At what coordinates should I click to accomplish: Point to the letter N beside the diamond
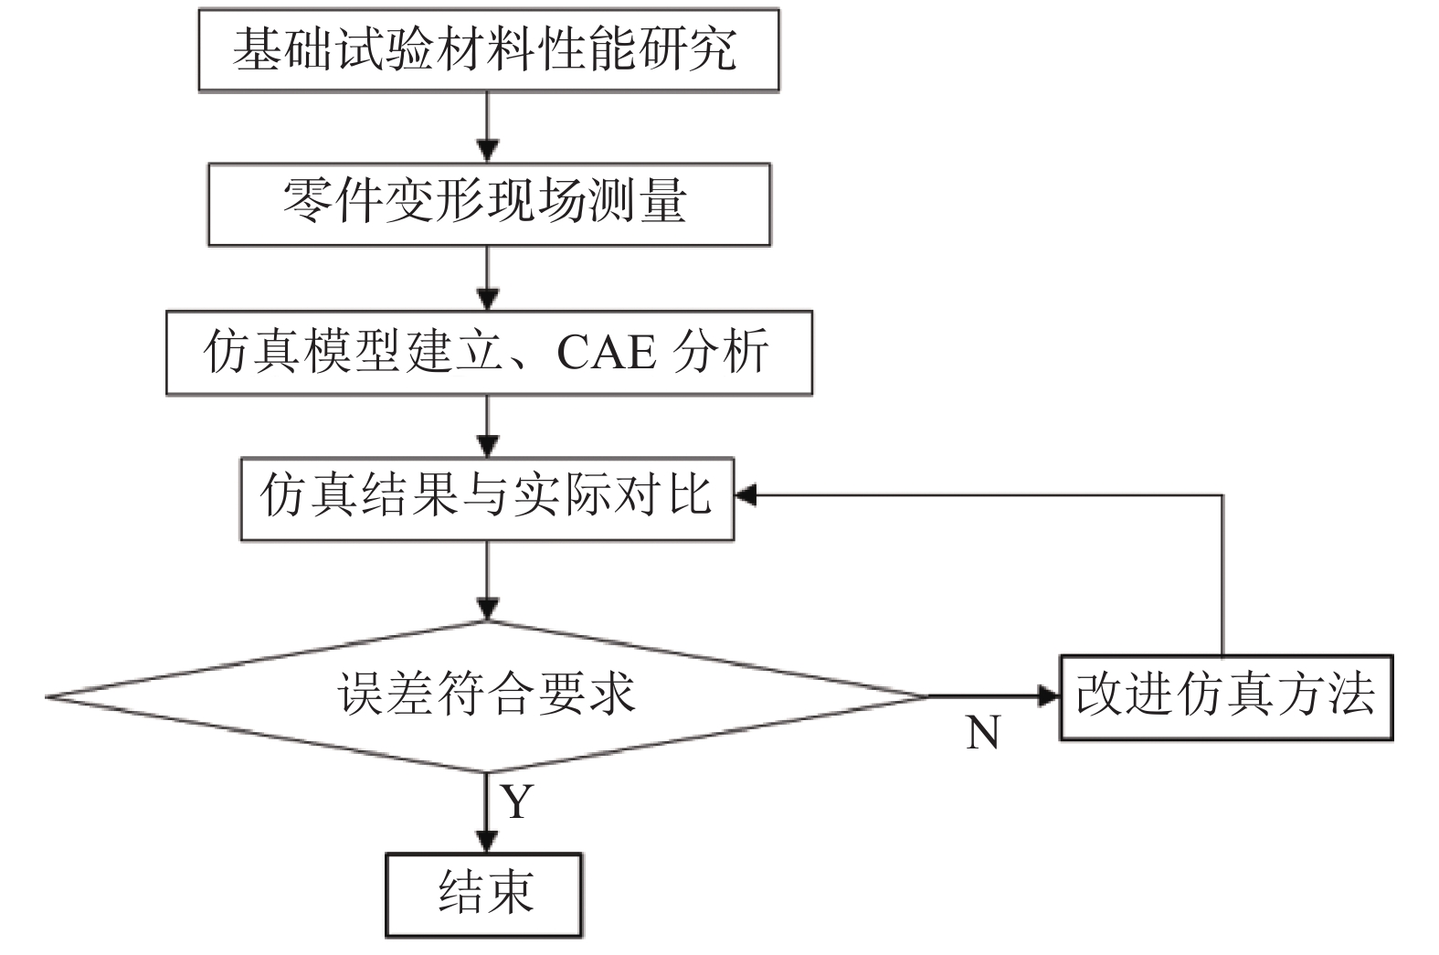click(983, 732)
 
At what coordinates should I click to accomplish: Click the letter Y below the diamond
click(516, 801)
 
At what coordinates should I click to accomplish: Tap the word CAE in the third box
click(607, 352)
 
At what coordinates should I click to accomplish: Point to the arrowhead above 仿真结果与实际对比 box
click(487, 446)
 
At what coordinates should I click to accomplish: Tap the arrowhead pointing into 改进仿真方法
click(1049, 696)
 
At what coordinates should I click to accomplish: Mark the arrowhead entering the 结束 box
click(486, 842)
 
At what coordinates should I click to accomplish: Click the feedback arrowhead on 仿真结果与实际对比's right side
click(746, 494)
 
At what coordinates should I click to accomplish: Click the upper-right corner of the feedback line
click(1222, 494)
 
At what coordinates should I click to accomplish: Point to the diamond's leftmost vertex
click(47, 696)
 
